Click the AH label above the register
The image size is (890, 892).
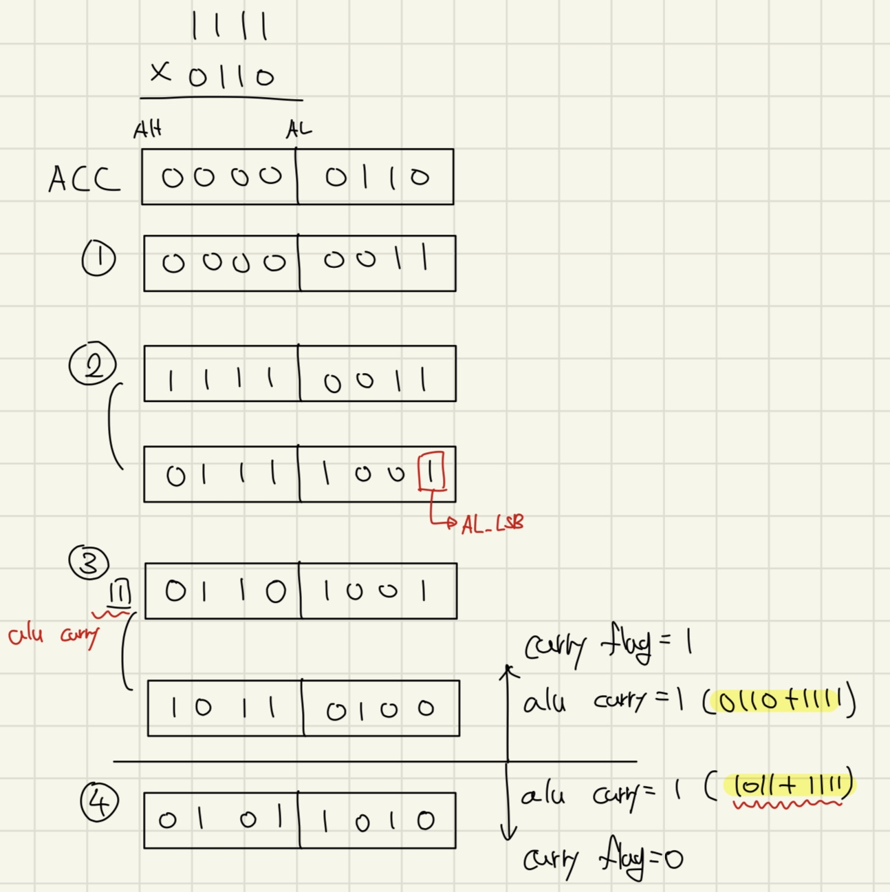point(148,129)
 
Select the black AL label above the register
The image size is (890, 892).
point(299,129)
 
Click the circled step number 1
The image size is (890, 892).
point(98,259)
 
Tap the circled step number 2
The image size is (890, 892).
point(92,364)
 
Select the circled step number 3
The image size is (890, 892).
point(89,563)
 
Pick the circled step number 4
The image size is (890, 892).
point(99,803)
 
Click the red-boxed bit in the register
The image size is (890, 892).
point(431,471)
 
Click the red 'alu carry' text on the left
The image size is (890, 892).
point(54,635)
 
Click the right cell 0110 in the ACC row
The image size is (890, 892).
point(376,178)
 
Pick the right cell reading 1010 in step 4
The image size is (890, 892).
point(377,820)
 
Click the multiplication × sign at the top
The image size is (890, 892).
point(160,72)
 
